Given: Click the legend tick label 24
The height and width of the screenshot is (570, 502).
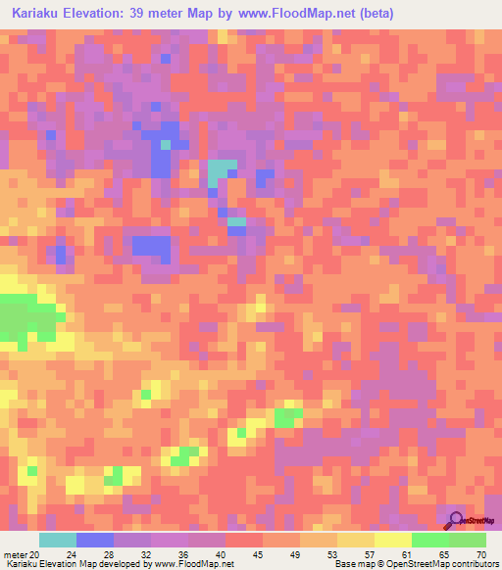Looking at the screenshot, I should point(72,553).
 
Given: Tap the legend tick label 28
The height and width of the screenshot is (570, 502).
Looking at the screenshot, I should point(109,553).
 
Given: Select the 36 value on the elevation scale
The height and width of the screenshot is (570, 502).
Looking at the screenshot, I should point(182,553).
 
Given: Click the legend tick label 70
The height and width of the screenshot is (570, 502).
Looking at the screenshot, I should point(479,553).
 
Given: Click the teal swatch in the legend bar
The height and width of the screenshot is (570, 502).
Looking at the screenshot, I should point(58,540).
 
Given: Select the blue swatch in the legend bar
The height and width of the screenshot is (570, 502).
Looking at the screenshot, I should point(95,540).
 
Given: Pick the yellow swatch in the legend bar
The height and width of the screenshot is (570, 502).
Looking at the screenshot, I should point(393,540).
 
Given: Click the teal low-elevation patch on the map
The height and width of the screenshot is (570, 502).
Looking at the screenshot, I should point(221,173).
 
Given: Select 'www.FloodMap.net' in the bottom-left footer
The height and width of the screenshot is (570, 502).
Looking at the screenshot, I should point(192,564).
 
